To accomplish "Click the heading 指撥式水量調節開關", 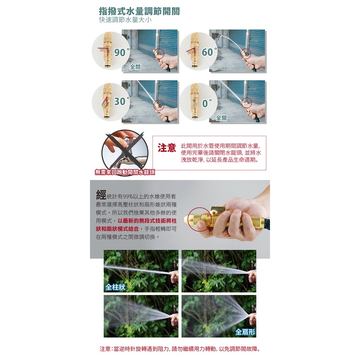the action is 139,11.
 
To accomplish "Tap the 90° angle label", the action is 122,52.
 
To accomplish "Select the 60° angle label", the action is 209,52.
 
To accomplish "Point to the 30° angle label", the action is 122,101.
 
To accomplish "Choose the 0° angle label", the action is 207,103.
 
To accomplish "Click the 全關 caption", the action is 135,67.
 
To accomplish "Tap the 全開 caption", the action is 221,118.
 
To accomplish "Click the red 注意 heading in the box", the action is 167,148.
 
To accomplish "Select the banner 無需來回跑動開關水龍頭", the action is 125,172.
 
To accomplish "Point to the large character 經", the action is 101,195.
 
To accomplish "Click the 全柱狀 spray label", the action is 115,287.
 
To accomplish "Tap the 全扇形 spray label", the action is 245,332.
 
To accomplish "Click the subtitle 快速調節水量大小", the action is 125,20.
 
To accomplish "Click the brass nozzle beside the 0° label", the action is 195,101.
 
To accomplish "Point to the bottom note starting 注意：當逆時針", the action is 180,349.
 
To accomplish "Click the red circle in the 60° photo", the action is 246,54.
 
